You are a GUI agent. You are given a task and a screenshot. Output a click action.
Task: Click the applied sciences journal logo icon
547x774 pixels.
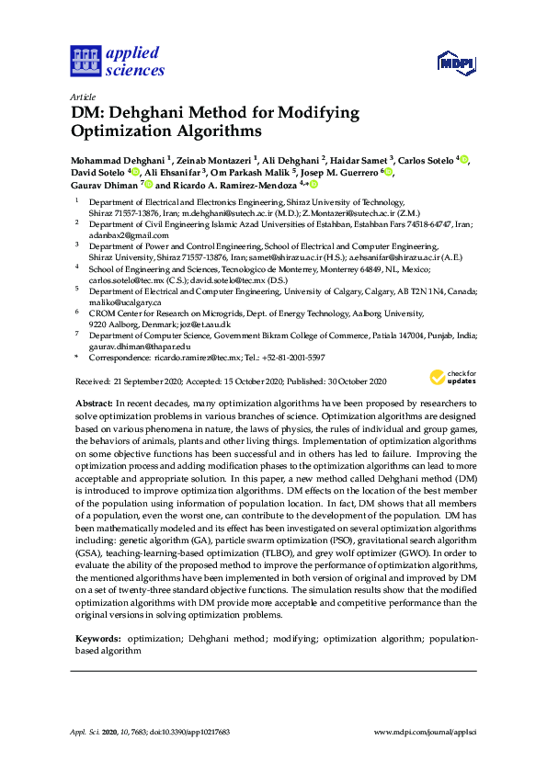(85, 62)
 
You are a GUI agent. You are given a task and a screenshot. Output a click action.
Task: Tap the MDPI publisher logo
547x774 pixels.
(454, 63)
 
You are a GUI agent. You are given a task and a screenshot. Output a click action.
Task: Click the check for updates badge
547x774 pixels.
(452, 378)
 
